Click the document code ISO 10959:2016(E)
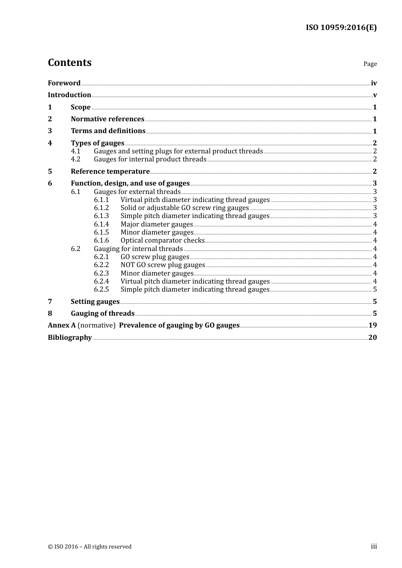(x=341, y=27)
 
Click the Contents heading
(x=69, y=63)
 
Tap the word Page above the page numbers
(x=370, y=64)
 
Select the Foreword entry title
(x=64, y=83)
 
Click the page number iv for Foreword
(x=374, y=83)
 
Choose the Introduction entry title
(x=69, y=95)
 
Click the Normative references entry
(x=107, y=119)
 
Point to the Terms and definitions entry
(x=108, y=131)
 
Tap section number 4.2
(x=75, y=159)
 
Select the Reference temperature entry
(x=110, y=172)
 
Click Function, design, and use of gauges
(x=130, y=183)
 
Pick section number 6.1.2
(x=101, y=208)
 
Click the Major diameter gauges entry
(x=157, y=224)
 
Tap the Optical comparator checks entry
(x=162, y=240)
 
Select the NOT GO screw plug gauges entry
(x=162, y=265)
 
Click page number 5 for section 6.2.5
(x=375, y=289)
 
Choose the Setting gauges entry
(x=95, y=302)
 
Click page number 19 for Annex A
(x=372, y=325)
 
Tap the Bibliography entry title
(x=70, y=338)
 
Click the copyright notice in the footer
(x=90, y=547)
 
